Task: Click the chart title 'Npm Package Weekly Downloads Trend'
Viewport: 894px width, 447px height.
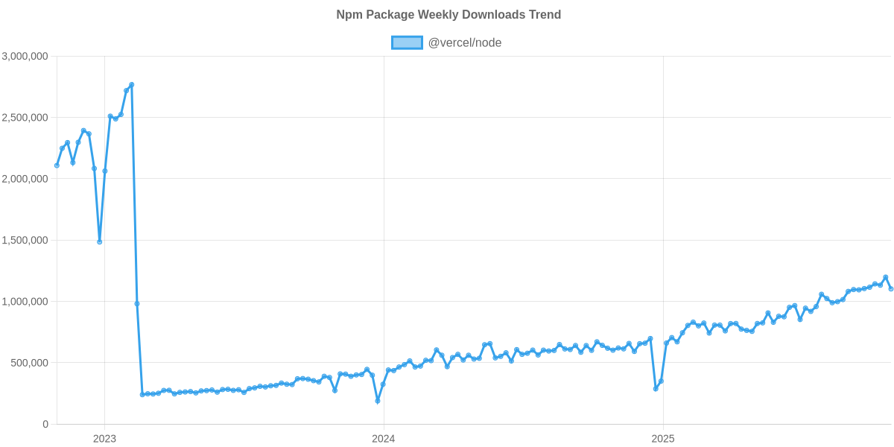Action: point(447,15)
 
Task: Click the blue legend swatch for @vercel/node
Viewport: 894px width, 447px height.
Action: point(407,42)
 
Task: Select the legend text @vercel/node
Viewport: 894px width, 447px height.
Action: point(464,42)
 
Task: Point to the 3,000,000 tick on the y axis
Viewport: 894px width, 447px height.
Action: point(25,56)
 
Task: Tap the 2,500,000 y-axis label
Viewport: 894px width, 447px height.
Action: point(25,118)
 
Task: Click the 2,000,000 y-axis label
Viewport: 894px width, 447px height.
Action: point(25,179)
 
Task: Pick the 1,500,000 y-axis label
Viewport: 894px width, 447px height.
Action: point(25,241)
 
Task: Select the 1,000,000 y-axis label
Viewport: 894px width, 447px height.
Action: point(25,302)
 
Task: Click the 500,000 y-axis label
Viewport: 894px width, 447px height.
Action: point(30,363)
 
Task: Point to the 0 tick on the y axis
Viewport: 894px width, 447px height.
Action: point(45,425)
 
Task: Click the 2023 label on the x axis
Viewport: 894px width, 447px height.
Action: point(104,439)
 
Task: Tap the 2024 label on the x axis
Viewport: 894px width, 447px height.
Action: point(383,439)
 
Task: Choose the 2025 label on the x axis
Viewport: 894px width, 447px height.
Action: point(662,439)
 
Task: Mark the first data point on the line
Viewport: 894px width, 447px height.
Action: point(57,165)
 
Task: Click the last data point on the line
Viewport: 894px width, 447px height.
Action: point(891,289)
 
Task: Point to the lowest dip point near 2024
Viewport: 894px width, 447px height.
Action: point(378,402)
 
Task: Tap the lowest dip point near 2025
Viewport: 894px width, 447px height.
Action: point(656,389)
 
